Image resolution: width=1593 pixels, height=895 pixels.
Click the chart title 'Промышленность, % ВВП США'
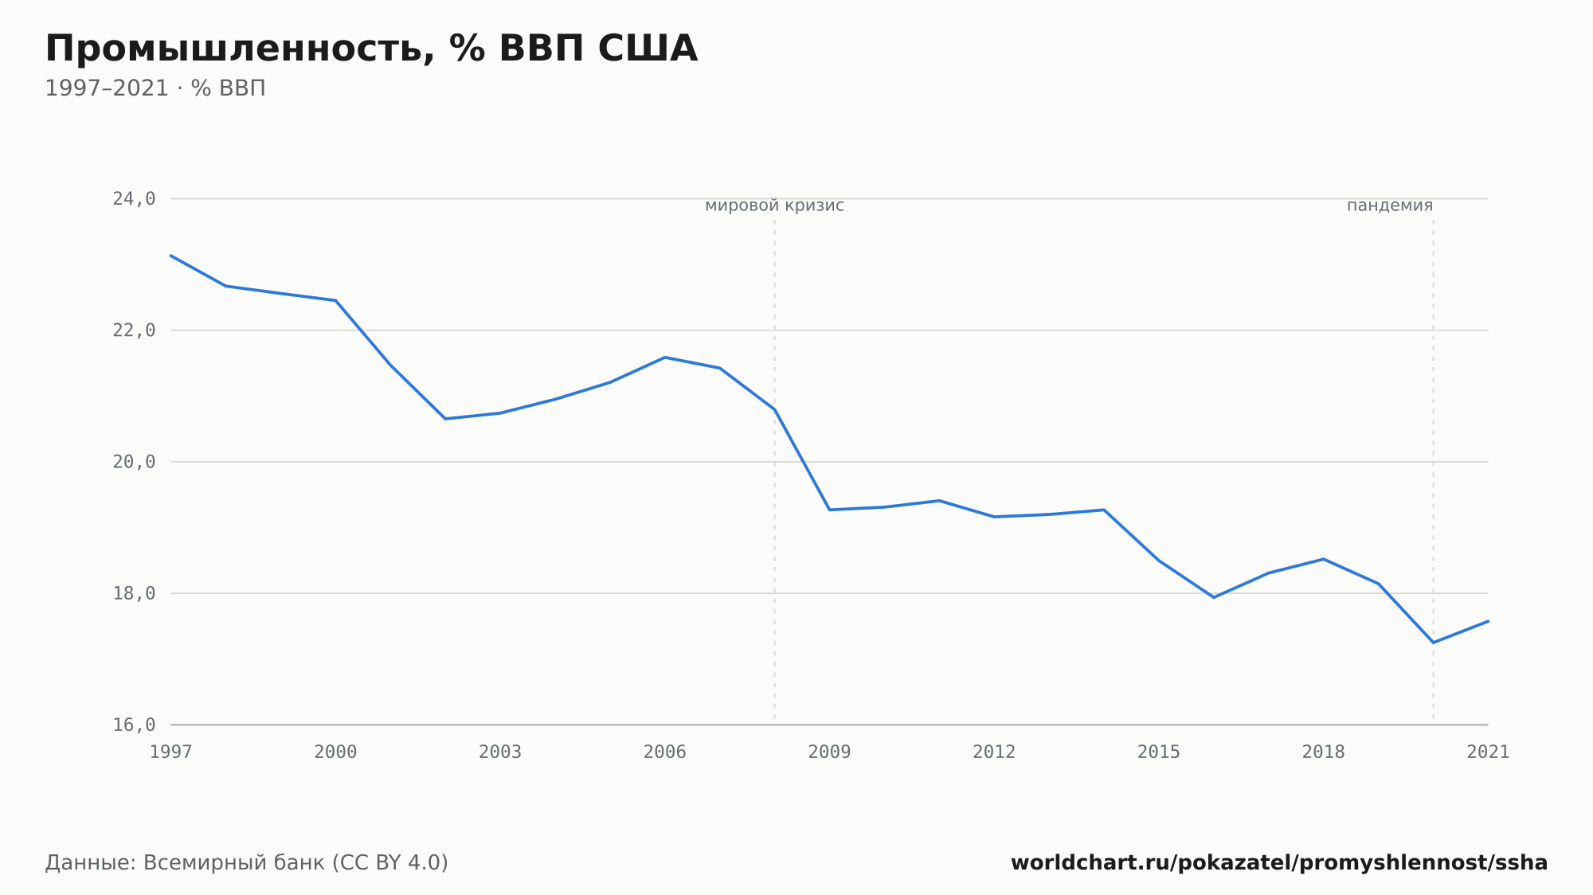click(x=371, y=49)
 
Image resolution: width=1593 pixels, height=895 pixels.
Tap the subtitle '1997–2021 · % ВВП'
click(x=155, y=88)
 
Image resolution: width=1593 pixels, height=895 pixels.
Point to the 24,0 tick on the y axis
click(x=134, y=199)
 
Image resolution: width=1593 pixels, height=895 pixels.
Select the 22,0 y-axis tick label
click(x=134, y=330)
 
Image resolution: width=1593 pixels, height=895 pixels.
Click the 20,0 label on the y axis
click(x=134, y=462)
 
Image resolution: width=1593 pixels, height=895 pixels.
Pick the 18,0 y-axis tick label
click(x=134, y=593)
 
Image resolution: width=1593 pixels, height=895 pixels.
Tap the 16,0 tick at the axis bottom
click(x=134, y=725)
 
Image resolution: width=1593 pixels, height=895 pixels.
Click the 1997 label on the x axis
click(x=171, y=752)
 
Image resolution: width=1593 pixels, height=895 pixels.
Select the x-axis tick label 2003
click(x=500, y=752)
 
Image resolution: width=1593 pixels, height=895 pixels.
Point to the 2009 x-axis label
click(x=829, y=752)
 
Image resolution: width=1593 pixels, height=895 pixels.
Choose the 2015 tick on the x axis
click(x=1159, y=752)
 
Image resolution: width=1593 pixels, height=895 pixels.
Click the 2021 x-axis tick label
click(x=1488, y=752)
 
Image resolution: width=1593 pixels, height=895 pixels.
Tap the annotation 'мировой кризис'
click(x=774, y=206)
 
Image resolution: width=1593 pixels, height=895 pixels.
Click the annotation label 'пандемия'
click(x=1390, y=206)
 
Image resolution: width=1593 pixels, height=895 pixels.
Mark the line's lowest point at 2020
click(x=1433, y=643)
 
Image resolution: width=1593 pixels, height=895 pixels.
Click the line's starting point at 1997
click(x=171, y=256)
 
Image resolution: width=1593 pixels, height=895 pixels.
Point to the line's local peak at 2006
click(x=665, y=358)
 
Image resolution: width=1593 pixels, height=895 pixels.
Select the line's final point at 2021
click(x=1488, y=621)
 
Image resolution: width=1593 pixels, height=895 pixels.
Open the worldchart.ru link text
click(x=1279, y=863)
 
